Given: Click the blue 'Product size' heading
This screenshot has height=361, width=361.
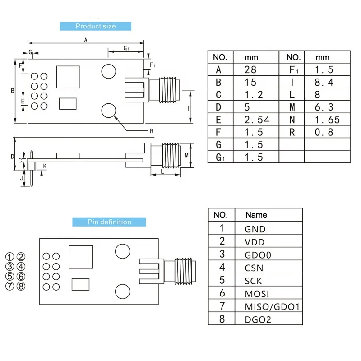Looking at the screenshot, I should point(95,26).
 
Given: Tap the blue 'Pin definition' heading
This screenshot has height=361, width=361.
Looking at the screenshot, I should point(109,222).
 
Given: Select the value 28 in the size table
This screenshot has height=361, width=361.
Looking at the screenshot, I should point(250,69).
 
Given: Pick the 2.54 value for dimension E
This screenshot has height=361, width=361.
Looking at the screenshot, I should point(257,120).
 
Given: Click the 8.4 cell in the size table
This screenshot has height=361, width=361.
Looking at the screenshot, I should point(324,82).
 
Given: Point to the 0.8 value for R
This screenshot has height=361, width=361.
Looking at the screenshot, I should point(324,132).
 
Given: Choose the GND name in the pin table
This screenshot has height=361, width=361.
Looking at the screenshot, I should point(255,229).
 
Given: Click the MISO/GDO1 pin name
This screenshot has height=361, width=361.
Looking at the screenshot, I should point(272,307).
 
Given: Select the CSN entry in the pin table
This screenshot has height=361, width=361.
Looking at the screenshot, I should point(254,268).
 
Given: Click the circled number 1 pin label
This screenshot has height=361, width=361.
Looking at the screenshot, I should point(10,257).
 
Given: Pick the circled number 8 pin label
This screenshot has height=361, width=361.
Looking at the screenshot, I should point(21,286).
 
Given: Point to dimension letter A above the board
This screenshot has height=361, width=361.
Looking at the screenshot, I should point(86,40).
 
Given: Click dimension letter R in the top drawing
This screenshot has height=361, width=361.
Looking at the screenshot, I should point(152,131).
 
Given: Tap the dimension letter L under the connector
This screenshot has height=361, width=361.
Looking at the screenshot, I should point(162,172).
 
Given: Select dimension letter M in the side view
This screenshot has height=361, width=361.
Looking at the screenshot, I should point(187,155).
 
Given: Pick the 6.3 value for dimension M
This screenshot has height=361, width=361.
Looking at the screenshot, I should point(324,107).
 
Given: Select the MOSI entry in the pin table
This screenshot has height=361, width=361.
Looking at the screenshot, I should point(256,294).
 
